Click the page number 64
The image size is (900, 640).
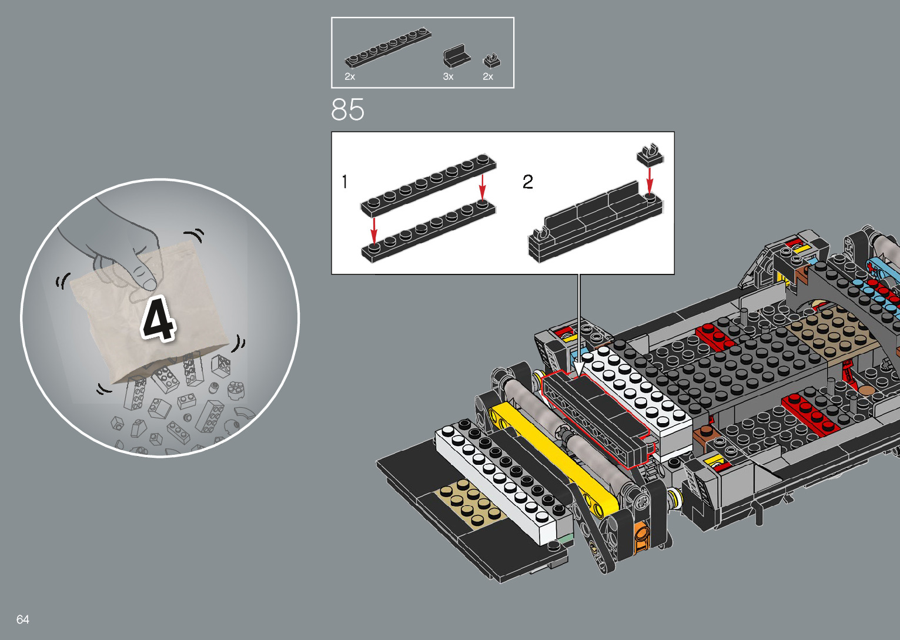coord(22,619)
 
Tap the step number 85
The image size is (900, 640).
coord(347,109)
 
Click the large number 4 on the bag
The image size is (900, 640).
coord(158,319)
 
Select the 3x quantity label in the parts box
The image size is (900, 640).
coord(448,76)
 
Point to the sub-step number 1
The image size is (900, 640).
coord(344,182)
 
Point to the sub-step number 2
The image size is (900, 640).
coord(527,182)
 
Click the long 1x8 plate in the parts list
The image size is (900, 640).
coord(388,48)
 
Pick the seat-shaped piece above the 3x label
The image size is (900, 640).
coord(456,56)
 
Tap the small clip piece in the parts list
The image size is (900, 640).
coord(491,61)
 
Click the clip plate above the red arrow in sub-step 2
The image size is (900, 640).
coord(650,155)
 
